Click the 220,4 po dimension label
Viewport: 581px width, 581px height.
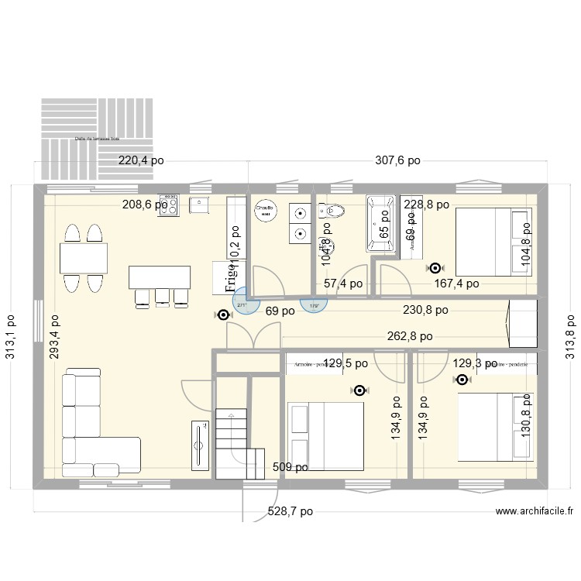(141, 161)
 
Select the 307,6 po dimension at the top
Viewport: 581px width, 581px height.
(397, 161)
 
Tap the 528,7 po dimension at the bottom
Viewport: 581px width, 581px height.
(290, 511)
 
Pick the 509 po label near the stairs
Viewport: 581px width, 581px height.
(290, 467)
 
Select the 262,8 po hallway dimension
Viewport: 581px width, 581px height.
(410, 336)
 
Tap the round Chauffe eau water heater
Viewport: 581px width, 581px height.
(266, 211)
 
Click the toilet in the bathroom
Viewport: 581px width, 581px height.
(335, 210)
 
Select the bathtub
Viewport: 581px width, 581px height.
(380, 224)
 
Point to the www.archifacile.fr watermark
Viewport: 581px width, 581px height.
(535, 511)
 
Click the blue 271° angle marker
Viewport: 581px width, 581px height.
(243, 303)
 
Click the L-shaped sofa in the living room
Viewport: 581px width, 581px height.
(93, 434)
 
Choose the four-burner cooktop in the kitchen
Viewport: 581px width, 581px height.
(169, 205)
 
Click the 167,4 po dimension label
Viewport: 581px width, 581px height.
(456, 284)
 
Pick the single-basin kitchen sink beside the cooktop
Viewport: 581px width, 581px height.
(199, 205)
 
